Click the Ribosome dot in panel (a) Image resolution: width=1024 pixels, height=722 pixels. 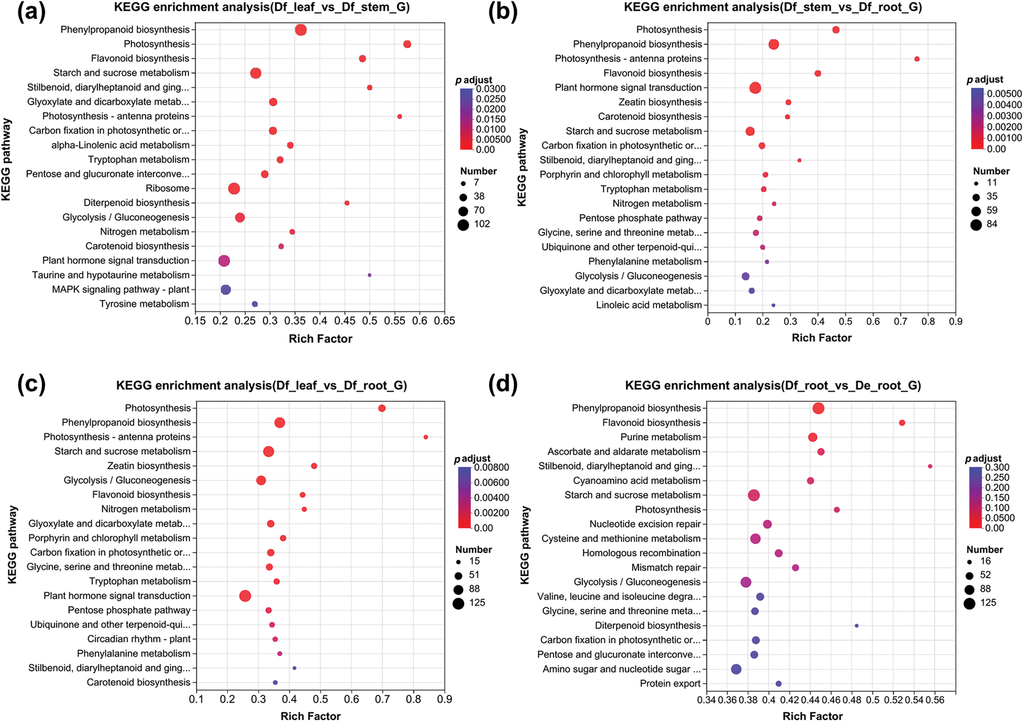234,189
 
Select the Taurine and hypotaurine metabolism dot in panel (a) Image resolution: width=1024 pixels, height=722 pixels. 369,275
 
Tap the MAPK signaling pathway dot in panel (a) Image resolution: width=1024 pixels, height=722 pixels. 226,290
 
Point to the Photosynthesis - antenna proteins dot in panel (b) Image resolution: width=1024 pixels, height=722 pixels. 917,59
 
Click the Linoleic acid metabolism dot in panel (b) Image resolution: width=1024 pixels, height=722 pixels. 773,306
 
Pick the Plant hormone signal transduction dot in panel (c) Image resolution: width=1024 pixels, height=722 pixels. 245,596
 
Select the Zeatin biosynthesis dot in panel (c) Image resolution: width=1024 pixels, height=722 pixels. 314,466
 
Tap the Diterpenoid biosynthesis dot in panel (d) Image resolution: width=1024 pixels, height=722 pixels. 857,626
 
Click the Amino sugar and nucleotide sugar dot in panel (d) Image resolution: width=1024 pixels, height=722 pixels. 736,669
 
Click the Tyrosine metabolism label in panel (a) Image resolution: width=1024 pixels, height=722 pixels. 145,304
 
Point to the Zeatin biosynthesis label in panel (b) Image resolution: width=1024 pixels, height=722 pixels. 660,102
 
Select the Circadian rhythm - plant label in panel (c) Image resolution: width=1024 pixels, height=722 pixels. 139,639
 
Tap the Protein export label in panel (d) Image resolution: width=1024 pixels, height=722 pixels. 670,684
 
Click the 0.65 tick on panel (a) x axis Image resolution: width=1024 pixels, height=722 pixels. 445,321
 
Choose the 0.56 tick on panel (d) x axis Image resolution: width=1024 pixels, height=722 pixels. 935,700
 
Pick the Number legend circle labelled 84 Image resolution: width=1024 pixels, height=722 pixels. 976,225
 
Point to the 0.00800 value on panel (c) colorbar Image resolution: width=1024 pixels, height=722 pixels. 492,467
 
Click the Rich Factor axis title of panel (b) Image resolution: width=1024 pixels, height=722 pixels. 822,338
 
